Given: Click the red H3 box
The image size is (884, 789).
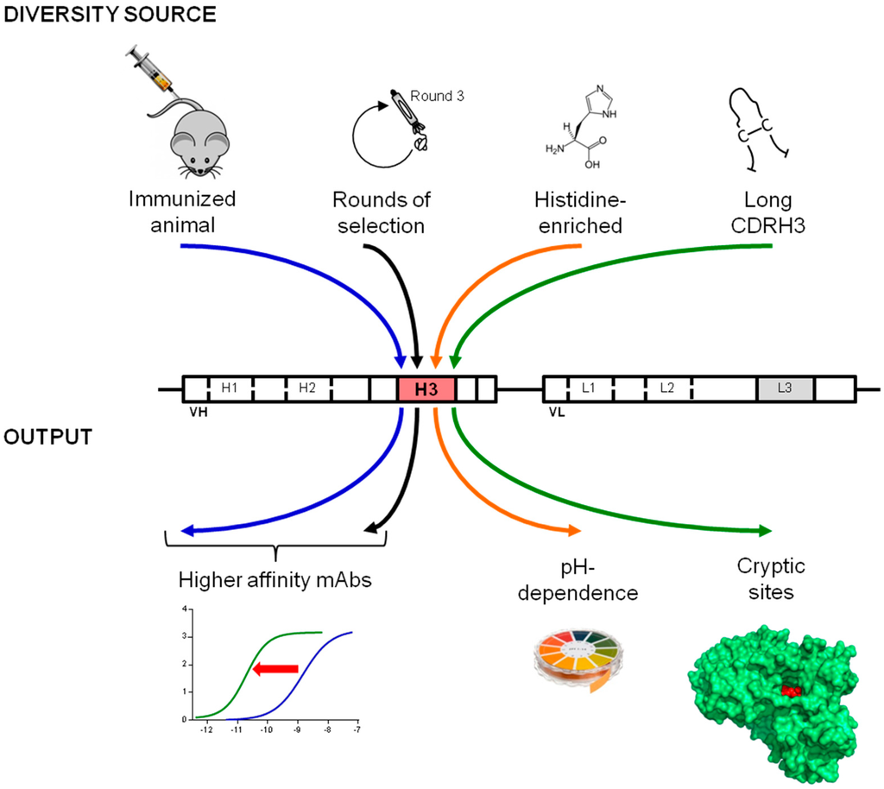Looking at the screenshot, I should coord(426,389).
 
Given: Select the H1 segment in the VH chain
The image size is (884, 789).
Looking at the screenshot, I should coord(229,388).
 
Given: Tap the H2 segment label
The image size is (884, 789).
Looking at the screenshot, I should coord(306,388).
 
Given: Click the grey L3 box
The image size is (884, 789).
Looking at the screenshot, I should coord(784,388).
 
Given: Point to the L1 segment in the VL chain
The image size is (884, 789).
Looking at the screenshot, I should coord(589,388).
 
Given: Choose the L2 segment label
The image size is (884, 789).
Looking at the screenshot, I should coord(666,388).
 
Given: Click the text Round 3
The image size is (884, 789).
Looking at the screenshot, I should coord(438,96).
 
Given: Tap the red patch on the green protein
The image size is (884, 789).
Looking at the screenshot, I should coord(791,691).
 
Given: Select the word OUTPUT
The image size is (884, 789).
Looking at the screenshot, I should coord(47,437).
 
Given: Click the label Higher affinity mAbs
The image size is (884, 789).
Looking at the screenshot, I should coord(275,580).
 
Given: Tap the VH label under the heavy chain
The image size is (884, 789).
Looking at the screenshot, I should coord(198,413).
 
